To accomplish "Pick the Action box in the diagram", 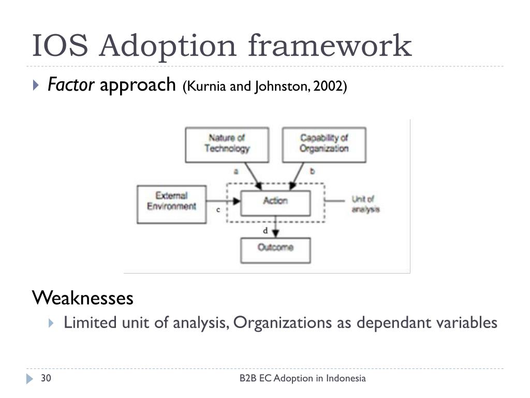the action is pyautogui.click(x=275, y=202).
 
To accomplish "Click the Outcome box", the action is pyautogui.click(x=275, y=248).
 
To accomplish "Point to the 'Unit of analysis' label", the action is pyautogui.click(x=365, y=204).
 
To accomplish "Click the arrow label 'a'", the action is pyautogui.click(x=236, y=171).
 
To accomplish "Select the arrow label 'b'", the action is pyautogui.click(x=312, y=171).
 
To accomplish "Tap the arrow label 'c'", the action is pyautogui.click(x=218, y=210).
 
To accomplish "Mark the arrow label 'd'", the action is pyautogui.click(x=266, y=231).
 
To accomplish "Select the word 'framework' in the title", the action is pyautogui.click(x=330, y=46).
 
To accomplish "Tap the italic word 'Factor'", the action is pyautogui.click(x=71, y=84).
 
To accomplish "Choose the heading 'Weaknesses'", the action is pyautogui.click(x=83, y=298).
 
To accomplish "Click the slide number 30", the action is pyautogui.click(x=46, y=378).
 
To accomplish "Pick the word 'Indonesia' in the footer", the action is pyautogui.click(x=347, y=378).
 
